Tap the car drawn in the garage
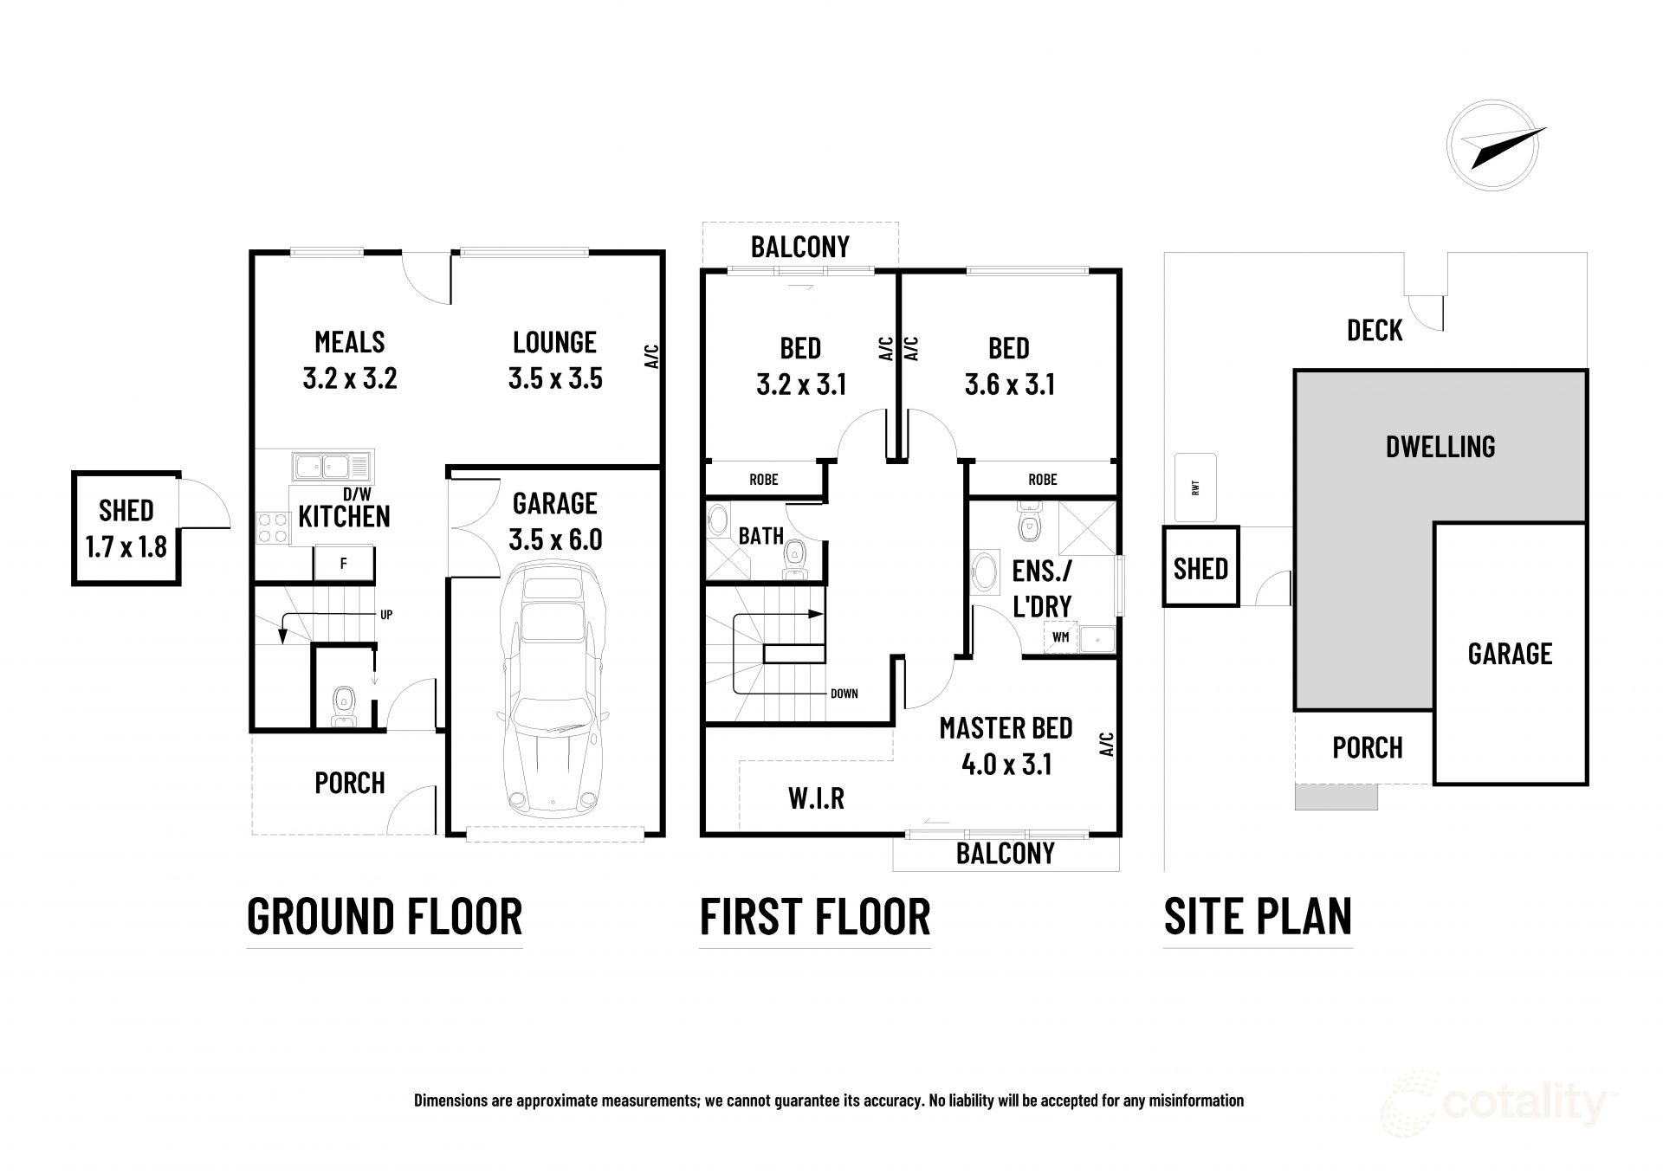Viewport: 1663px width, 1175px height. point(548,693)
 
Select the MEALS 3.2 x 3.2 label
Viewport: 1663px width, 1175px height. point(350,360)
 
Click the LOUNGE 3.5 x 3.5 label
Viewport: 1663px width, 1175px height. point(555,360)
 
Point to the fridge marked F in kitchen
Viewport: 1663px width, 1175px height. point(344,563)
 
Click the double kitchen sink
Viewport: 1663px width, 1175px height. point(332,467)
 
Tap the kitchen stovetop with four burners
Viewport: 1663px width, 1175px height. point(273,527)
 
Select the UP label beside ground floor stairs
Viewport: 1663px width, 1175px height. point(386,615)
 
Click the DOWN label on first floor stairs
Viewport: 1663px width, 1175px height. point(844,694)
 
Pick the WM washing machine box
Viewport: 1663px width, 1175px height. point(1060,637)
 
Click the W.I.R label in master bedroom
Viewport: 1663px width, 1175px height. point(817,797)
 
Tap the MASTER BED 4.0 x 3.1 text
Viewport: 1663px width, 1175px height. point(1006,746)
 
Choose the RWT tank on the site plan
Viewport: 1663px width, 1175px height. point(1195,487)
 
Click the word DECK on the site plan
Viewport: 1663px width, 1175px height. point(1375,330)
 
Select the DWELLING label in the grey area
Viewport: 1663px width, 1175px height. point(1440,447)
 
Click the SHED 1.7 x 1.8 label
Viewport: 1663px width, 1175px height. point(126,528)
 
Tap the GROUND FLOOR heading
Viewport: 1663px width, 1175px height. point(385,916)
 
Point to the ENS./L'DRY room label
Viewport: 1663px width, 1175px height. point(1042,588)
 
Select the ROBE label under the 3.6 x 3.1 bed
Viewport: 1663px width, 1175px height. point(1042,479)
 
